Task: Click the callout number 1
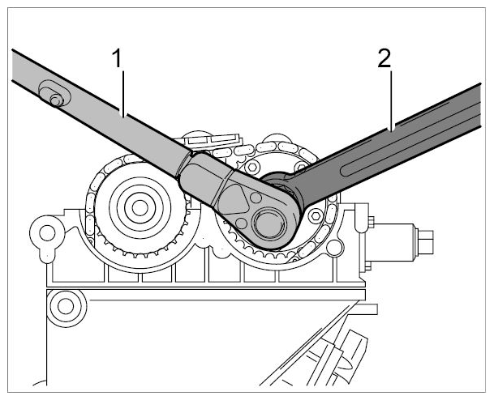[x=117, y=59]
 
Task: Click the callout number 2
[x=384, y=58]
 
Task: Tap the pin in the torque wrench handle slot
[x=56, y=100]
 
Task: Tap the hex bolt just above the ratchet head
[x=252, y=167]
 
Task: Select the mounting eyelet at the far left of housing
[x=47, y=233]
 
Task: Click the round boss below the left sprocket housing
[x=66, y=306]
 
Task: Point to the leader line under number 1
[x=123, y=93]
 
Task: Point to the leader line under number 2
[x=391, y=100]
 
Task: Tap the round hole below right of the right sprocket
[x=334, y=248]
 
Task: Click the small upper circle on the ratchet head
[x=256, y=198]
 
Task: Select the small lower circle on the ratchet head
[x=242, y=223]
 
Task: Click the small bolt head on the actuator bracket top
[x=371, y=221]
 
